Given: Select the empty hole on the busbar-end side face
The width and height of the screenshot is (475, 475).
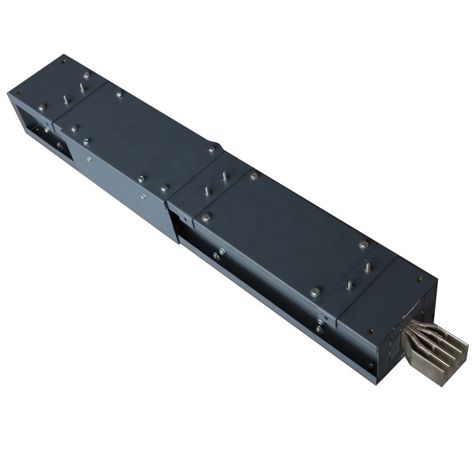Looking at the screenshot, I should coord(370,366).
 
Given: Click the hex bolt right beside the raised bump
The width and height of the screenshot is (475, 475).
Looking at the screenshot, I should coord(211,149).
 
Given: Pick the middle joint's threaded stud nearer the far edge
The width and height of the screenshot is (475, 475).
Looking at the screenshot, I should coord(225,177).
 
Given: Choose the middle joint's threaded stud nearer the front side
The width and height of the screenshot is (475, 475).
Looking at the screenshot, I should coord(207,191).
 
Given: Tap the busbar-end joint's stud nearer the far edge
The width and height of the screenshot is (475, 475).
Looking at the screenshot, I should coord(367,266).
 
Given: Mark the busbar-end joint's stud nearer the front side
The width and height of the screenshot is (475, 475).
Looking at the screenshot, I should coord(350,285).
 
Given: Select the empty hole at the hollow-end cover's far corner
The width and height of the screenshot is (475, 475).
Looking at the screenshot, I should coord(63,59).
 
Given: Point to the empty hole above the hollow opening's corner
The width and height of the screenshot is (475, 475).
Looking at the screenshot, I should coord(19,93).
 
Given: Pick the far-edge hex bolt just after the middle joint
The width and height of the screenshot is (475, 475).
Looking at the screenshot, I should coord(254,176).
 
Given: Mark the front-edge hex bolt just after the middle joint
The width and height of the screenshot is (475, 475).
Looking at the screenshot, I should coord(206,218).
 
